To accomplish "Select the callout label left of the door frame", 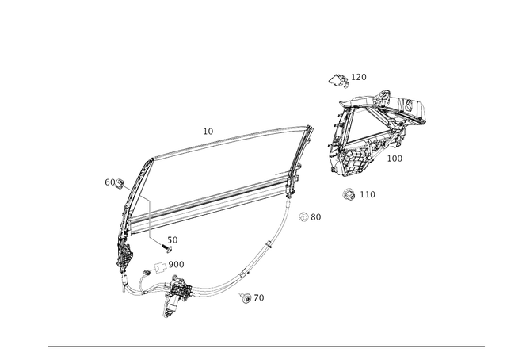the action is coord(112,183).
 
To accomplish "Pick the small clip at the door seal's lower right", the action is coord(245,297).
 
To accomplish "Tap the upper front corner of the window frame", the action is coord(148,159).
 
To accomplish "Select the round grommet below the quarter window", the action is coord(348,193).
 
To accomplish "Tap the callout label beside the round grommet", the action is coord(367,193).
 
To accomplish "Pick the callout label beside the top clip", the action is coord(358,76).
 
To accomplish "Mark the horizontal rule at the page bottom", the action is coord(266,346).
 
